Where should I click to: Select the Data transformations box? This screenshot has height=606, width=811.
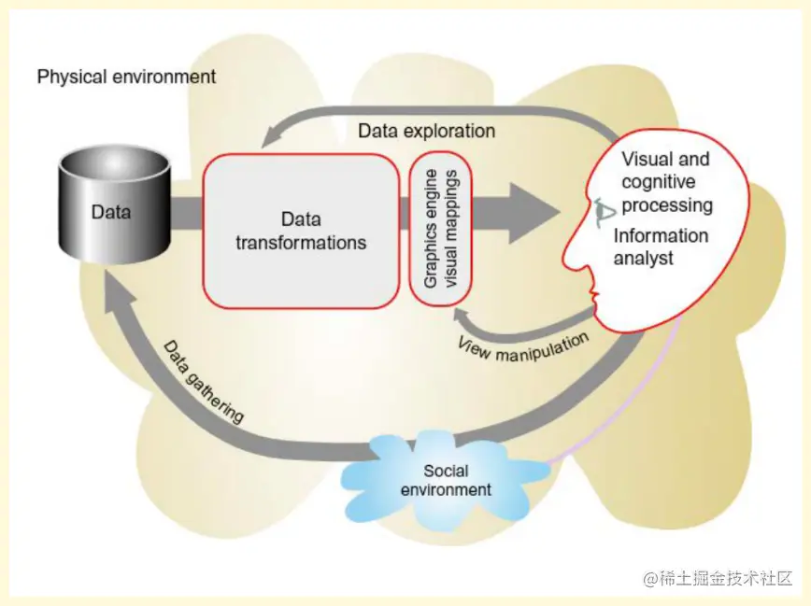tap(300, 231)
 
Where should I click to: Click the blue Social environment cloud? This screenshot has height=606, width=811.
tap(445, 477)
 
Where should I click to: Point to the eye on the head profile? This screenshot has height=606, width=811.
tap(603, 209)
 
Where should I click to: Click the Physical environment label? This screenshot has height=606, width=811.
tap(126, 77)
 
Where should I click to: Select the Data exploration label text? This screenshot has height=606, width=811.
tap(426, 131)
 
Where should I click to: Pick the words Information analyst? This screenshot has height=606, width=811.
tap(660, 247)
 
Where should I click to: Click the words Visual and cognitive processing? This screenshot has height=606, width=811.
tap(666, 182)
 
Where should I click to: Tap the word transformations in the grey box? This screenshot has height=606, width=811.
tap(301, 243)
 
